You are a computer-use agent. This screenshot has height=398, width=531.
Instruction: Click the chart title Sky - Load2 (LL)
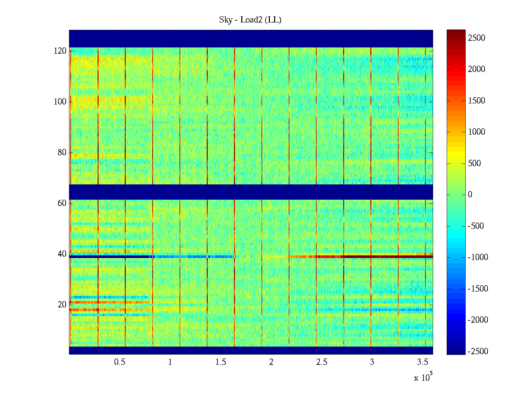pyautogui.click(x=250, y=20)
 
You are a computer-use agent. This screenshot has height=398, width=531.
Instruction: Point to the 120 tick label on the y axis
pyautogui.click(x=60, y=51)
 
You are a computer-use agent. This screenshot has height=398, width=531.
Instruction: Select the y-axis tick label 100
pyautogui.click(x=60, y=102)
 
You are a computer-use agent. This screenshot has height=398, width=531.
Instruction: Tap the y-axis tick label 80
pyautogui.click(x=62, y=153)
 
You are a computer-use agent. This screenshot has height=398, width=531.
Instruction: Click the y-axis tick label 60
pyautogui.click(x=62, y=203)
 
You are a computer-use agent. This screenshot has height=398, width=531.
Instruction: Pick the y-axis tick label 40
pyautogui.click(x=62, y=254)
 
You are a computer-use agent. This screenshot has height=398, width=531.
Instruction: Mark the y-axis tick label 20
pyautogui.click(x=62, y=305)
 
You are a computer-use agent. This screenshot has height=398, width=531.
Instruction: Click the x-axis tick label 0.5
pyautogui.click(x=120, y=362)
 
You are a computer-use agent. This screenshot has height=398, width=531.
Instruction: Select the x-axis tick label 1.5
pyautogui.click(x=221, y=362)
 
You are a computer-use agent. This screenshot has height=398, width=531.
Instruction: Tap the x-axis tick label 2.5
pyautogui.click(x=322, y=362)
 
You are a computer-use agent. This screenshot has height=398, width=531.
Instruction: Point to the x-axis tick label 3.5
pyautogui.click(x=422, y=362)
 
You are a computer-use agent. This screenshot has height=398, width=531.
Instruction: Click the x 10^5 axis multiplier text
pyautogui.click(x=423, y=377)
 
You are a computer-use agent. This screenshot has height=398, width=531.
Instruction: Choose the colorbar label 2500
pyautogui.click(x=477, y=38)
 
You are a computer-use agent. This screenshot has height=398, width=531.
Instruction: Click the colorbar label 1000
pyautogui.click(x=477, y=132)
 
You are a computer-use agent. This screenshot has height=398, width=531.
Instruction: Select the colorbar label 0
pyautogui.click(x=470, y=195)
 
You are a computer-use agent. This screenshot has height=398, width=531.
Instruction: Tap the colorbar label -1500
pyautogui.click(x=478, y=289)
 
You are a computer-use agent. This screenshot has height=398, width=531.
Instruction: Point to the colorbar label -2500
pyautogui.click(x=478, y=352)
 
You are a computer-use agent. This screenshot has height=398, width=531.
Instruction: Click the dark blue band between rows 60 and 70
pyautogui.click(x=251, y=192)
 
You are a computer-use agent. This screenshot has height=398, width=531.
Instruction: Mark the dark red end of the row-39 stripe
pyautogui.click(x=398, y=256)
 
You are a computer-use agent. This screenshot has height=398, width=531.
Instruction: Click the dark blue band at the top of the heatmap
pyautogui.click(x=251, y=38)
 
